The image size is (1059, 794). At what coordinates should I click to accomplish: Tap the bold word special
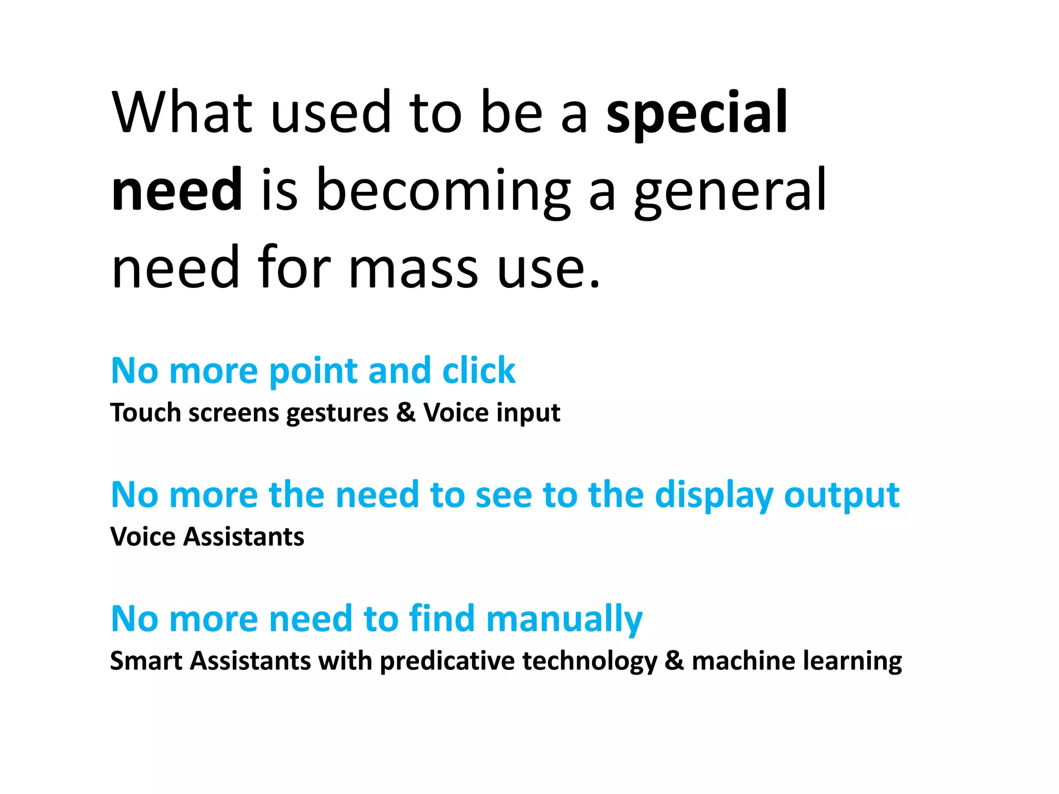(697, 112)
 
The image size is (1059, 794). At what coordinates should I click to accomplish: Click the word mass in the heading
(413, 269)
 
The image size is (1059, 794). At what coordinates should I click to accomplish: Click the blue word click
(479, 371)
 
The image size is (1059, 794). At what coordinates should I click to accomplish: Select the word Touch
(145, 413)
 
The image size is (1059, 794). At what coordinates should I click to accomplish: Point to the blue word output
(842, 495)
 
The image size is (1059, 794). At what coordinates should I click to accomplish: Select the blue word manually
(564, 619)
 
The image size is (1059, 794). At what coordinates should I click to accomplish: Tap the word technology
(589, 661)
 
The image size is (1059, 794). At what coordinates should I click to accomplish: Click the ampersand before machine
(674, 661)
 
